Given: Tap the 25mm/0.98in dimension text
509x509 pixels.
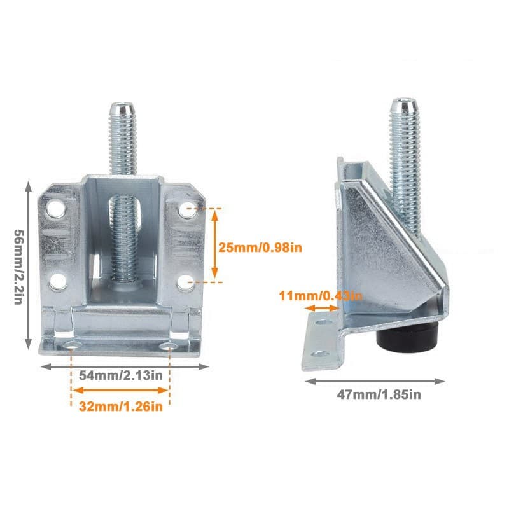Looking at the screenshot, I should pos(260,247).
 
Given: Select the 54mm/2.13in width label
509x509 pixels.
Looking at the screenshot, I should pos(121,375).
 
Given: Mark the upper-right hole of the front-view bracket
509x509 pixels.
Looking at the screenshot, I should pos(185,209).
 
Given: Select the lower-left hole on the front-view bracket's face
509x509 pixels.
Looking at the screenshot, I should pos(57,279).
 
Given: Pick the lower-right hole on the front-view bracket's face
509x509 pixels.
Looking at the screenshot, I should pos(185,281).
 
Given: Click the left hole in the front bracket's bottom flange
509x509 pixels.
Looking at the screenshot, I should pos(73,344).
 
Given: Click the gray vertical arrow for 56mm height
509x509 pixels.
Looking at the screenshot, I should pos(29,265).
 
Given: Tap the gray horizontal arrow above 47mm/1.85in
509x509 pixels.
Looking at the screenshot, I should pos(375,381).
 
